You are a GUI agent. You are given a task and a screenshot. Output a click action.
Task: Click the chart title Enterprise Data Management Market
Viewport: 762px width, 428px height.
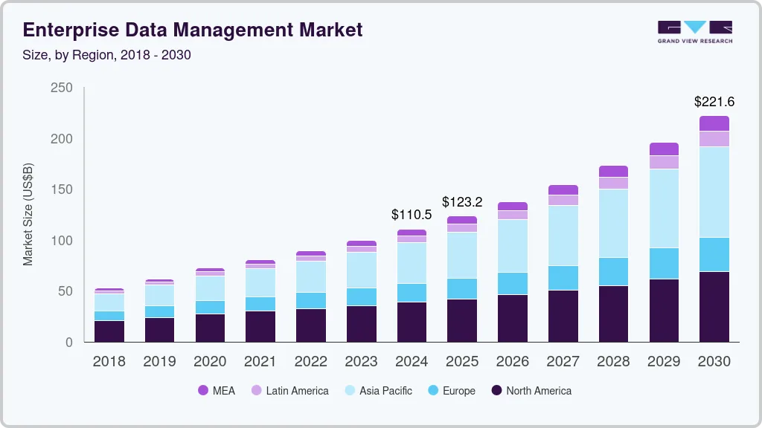pos(193,30)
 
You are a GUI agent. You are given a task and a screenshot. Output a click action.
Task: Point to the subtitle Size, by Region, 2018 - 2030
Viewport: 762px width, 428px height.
pos(107,55)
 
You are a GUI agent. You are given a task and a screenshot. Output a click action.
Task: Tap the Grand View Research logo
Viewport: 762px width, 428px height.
pos(694,32)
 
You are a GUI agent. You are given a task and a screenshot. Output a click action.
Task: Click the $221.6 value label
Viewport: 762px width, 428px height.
pos(714,102)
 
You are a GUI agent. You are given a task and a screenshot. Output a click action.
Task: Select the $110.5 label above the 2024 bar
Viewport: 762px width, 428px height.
pos(412,215)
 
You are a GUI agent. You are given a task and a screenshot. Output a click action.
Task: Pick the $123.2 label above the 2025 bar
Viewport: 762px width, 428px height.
pos(462,202)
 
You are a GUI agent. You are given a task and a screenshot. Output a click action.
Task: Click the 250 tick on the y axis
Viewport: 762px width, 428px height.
pos(62,88)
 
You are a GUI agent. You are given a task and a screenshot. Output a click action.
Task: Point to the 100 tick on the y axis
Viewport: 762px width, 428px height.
pos(62,241)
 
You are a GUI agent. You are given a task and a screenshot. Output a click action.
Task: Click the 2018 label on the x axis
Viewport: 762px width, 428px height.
pos(109,362)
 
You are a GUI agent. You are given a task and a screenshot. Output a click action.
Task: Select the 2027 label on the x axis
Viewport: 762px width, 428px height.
pos(563,362)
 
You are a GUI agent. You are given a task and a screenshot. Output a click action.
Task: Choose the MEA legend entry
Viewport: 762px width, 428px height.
pos(217,391)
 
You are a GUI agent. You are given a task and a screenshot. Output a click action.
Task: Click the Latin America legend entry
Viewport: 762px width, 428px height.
pos(289,391)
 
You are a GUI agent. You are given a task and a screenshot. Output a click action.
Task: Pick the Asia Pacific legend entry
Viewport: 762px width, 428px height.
pos(377,391)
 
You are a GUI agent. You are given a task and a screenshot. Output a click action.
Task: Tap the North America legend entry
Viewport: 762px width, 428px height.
pos(531,391)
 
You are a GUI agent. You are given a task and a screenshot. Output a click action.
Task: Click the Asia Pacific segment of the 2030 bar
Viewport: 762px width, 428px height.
pos(714,192)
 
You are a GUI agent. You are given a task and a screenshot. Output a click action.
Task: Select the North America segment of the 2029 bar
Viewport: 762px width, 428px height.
pos(664,311)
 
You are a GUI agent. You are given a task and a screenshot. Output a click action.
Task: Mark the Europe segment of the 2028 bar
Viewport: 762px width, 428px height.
pos(613,272)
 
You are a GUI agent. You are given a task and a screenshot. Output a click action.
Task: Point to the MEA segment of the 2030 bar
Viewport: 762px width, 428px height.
pos(714,123)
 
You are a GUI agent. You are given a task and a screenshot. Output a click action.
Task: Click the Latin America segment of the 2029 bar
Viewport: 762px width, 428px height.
pos(664,162)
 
